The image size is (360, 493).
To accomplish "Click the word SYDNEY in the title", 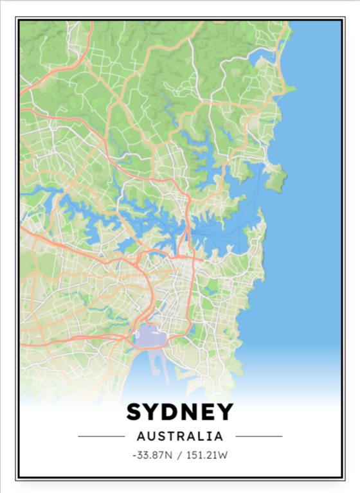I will pyautogui.click(x=180, y=412).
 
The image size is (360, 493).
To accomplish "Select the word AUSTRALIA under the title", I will pyautogui.click(x=180, y=436).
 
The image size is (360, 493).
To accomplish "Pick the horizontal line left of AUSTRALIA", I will pyautogui.click(x=101, y=436).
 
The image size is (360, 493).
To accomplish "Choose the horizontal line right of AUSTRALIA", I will pyautogui.click(x=258, y=436).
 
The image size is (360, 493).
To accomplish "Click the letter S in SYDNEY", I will pyautogui.click(x=136, y=412).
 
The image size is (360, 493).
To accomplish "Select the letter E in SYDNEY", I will pyautogui.click(x=207, y=412).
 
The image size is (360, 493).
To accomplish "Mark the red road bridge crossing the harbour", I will pyautogui.click(x=187, y=226).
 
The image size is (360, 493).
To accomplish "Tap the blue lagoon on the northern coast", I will pyautogui.click(x=263, y=61).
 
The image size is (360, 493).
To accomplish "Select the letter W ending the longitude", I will pyautogui.click(x=225, y=456).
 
